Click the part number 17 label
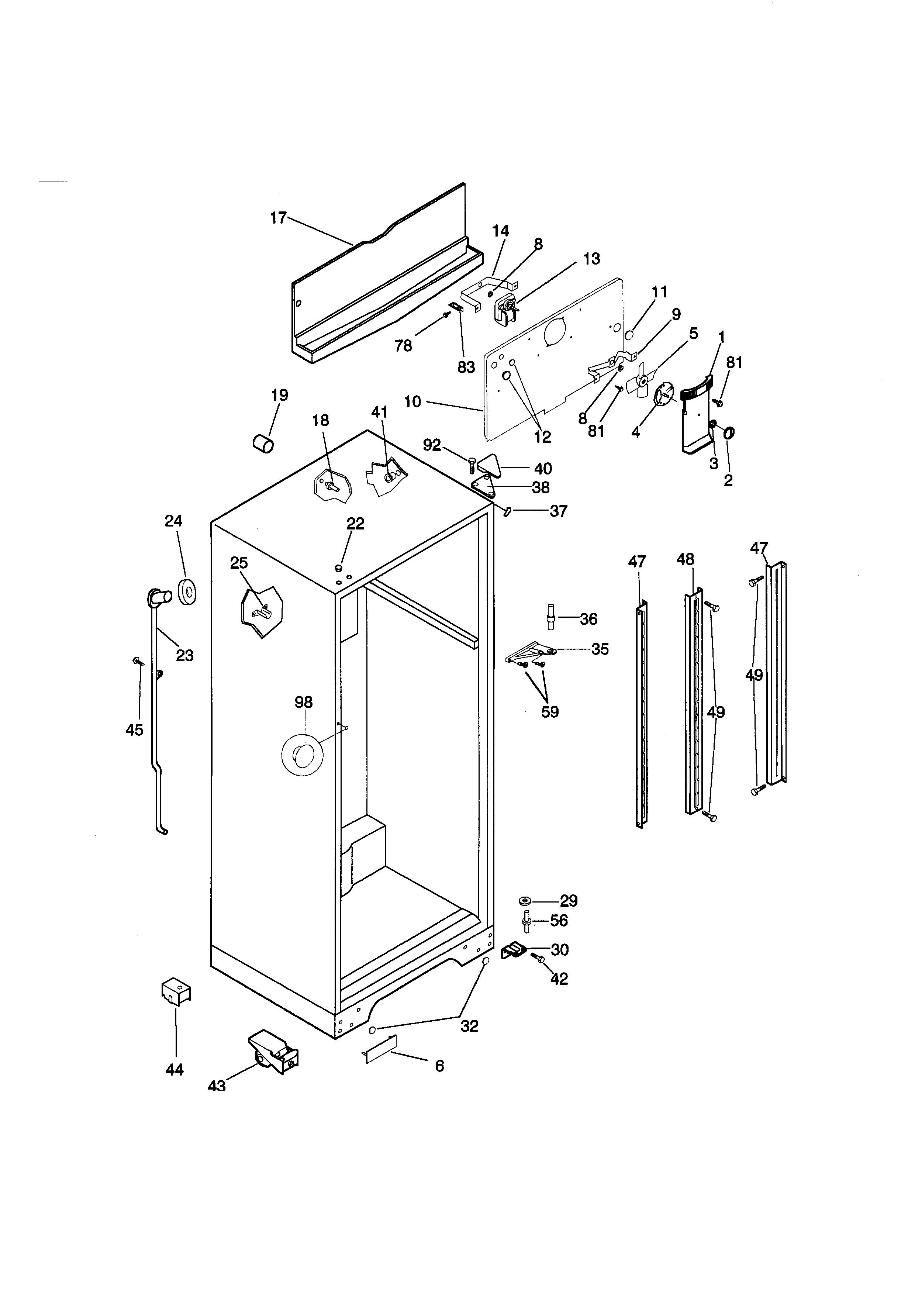tap(278, 218)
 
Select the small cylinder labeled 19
tap(263, 443)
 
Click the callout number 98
tap(303, 702)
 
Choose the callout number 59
tap(549, 712)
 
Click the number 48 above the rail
tap(685, 560)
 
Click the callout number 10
tap(412, 402)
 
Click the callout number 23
tap(185, 655)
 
